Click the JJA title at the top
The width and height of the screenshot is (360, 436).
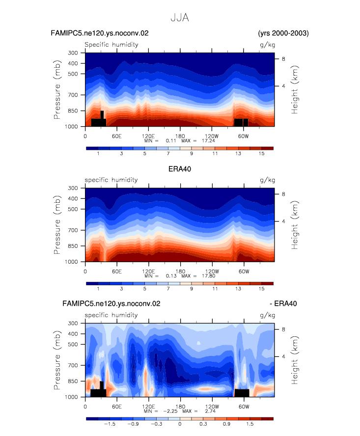click(x=180, y=18)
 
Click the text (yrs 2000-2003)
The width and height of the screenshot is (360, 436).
click(x=283, y=33)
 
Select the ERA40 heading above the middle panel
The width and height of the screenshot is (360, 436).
click(x=180, y=169)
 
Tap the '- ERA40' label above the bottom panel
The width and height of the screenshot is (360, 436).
click(x=283, y=303)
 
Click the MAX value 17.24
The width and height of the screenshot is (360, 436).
click(x=208, y=141)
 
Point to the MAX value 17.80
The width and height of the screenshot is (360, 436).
click(x=209, y=276)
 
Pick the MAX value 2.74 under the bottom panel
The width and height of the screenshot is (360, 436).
click(x=210, y=411)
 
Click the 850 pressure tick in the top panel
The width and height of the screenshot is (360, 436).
click(x=73, y=110)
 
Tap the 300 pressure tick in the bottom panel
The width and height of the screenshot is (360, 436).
click(x=73, y=323)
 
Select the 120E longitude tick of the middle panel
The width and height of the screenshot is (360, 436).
click(x=148, y=271)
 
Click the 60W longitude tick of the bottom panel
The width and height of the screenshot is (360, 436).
click(x=244, y=407)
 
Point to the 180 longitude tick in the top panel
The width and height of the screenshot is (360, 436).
click(x=180, y=136)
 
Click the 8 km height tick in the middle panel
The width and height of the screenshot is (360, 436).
click(x=283, y=194)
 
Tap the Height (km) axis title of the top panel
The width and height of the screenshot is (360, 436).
click(x=294, y=89)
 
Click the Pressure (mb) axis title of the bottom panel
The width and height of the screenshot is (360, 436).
click(x=57, y=360)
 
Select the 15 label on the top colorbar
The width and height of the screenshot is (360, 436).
click(x=261, y=154)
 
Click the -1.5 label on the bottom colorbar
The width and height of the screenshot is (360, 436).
click(x=110, y=424)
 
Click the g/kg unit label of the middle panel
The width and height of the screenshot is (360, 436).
click(x=267, y=180)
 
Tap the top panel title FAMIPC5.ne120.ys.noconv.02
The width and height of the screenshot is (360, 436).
click(x=100, y=33)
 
